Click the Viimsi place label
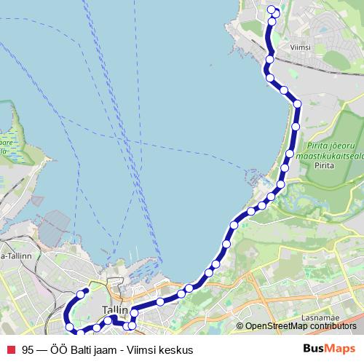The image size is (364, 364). point(301,47)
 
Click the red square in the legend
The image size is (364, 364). point(9,349)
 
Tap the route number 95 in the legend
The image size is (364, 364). point(28,349)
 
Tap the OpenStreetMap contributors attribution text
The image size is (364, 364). point(301,325)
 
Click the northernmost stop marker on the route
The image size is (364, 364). point(272,9)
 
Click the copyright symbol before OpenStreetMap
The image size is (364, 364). point(240,325)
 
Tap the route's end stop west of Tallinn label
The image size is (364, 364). point(86,291)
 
